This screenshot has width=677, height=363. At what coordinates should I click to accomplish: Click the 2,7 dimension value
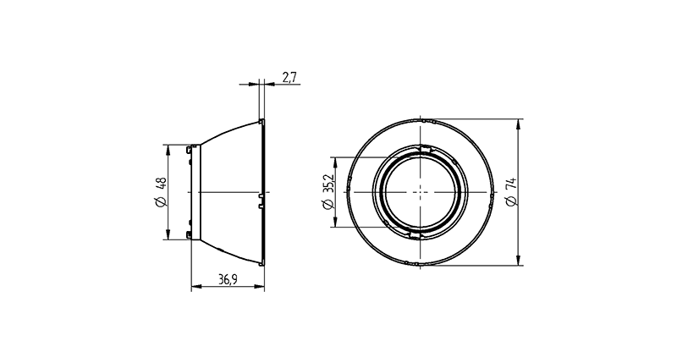289,77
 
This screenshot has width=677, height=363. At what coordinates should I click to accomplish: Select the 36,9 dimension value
228,280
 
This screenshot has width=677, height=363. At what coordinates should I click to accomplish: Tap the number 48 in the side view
161,184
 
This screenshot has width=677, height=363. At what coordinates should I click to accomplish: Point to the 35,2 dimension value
329,184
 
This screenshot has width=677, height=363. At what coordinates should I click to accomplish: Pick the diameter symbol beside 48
160,202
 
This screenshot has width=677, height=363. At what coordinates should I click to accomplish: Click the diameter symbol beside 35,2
328,204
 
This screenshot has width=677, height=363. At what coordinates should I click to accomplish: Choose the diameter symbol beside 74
511,201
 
